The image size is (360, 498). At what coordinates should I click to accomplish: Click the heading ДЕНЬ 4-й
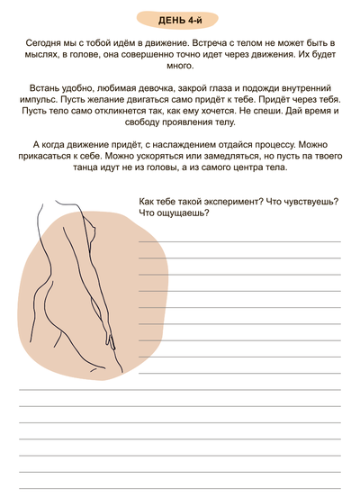pyautogui.click(x=179, y=19)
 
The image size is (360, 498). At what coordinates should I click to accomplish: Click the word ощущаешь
pyautogui.click(x=184, y=213)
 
